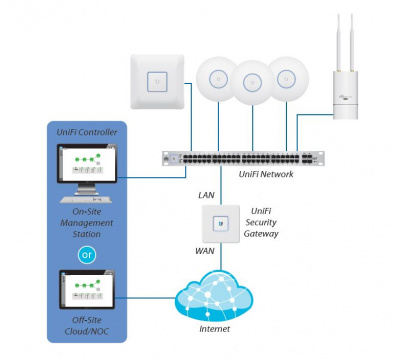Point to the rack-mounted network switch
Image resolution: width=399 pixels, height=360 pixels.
(x=245, y=158)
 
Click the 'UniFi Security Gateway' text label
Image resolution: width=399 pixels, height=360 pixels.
(x=262, y=222)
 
